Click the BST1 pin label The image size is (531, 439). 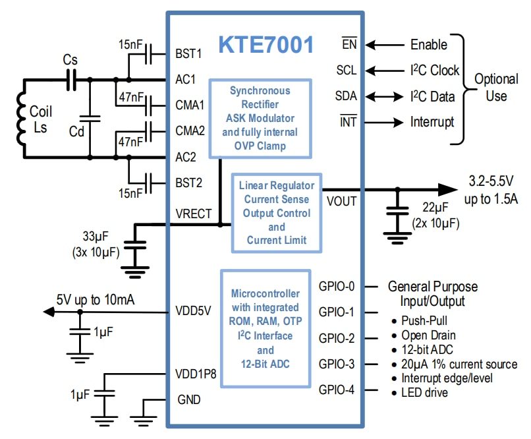(x=189, y=53)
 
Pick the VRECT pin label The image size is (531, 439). (x=194, y=212)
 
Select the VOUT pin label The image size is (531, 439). (x=343, y=201)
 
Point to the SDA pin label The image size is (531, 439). (x=345, y=96)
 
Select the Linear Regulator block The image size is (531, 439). (x=277, y=212)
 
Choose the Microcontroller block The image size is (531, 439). (x=265, y=327)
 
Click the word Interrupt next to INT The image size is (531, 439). (x=432, y=122)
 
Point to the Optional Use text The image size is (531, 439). (x=496, y=87)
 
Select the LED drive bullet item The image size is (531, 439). (x=424, y=393)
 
